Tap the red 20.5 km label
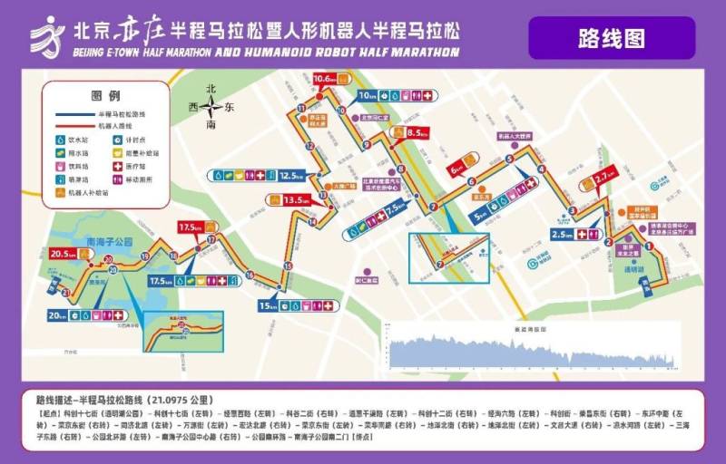[66, 254]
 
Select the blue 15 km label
[268, 305]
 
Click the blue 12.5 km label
[290, 175]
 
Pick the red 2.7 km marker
[602, 179]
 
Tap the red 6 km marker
[456, 168]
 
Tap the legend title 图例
[106, 95]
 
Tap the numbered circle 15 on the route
[288, 265]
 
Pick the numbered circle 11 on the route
[300, 109]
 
